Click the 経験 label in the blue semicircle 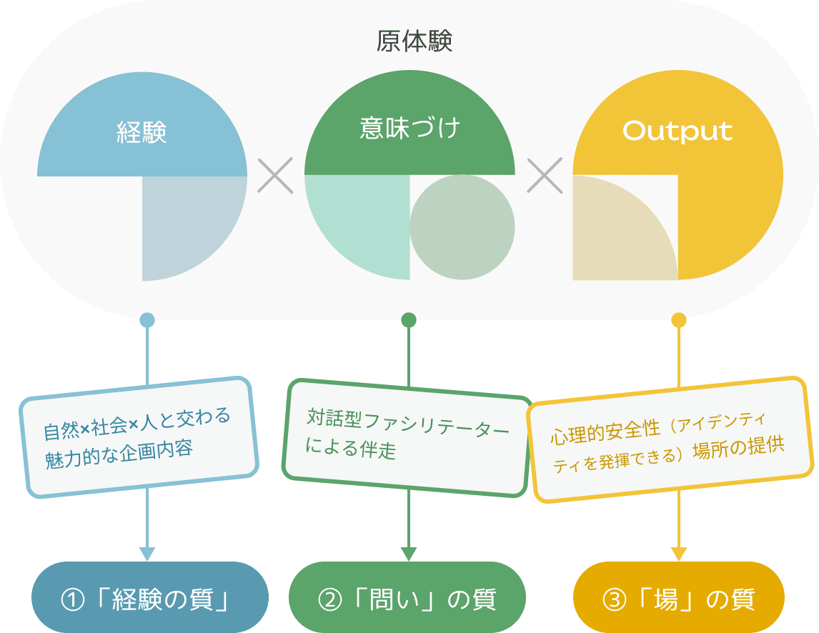(142, 133)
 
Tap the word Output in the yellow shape (677, 131)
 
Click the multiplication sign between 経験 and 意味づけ (275, 176)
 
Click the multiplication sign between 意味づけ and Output (545, 176)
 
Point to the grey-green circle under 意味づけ (462, 227)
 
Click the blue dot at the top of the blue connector (147, 320)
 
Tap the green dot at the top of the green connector (409, 320)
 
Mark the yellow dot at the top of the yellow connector (679, 320)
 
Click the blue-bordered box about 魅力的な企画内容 (139, 437)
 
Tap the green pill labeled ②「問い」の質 (407, 598)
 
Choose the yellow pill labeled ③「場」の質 (679, 598)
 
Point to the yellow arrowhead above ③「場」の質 (679, 554)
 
